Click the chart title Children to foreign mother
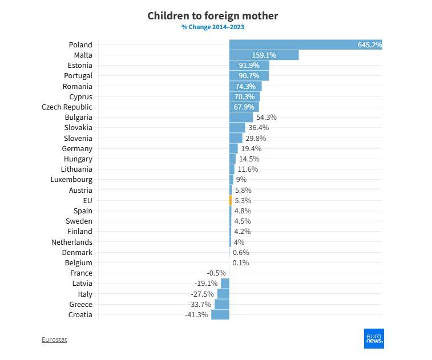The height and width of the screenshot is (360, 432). click(213, 15)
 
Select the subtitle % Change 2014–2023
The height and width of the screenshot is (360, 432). click(213, 27)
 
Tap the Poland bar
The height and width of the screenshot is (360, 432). click(305, 45)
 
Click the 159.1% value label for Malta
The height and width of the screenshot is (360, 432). click(264, 55)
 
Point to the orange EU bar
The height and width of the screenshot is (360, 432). click(231, 200)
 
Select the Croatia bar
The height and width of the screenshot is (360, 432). click(220, 315)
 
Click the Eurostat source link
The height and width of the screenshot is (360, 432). click(54, 339)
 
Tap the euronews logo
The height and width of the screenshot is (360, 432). click(374, 338)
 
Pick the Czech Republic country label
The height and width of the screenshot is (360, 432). click(67, 107)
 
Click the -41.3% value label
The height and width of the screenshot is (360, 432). click(196, 315)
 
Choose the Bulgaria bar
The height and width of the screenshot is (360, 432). click(241, 118)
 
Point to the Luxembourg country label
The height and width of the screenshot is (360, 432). click(71, 180)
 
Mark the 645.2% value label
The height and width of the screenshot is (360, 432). click(369, 45)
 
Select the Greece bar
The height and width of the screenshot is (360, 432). click(222, 305)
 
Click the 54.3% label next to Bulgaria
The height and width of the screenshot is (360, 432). click(267, 118)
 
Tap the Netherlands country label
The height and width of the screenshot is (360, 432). click(71, 242)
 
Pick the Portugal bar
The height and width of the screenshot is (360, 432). click(249, 76)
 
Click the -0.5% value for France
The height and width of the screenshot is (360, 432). click(216, 273)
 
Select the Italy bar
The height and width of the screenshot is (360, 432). click(223, 294)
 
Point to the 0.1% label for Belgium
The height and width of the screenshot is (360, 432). click(240, 263)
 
